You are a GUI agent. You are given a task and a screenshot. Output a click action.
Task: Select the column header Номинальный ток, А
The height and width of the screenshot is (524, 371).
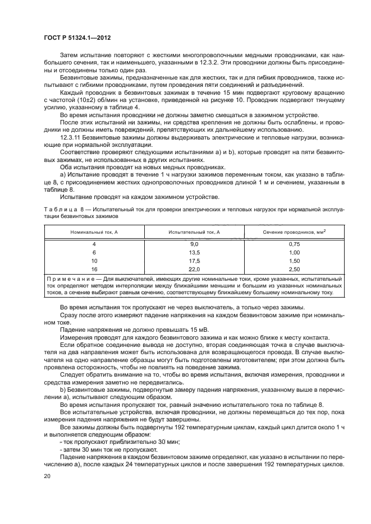coord(94,232)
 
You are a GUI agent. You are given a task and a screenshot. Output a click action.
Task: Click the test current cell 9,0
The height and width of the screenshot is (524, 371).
coord(195,244)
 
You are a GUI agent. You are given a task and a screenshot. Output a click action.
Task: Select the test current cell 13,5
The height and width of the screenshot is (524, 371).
coord(195,253)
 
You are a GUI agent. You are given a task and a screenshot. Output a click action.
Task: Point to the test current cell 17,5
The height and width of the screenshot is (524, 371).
coord(195,261)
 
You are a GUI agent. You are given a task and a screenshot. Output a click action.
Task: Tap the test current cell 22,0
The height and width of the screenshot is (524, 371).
coord(195,270)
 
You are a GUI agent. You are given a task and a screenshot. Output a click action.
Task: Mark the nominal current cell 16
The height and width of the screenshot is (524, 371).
coord(94,270)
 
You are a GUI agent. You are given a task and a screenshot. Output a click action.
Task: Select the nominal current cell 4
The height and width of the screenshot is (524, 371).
coord(94,244)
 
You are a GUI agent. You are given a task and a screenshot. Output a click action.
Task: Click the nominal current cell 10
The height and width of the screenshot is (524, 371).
coord(94,261)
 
